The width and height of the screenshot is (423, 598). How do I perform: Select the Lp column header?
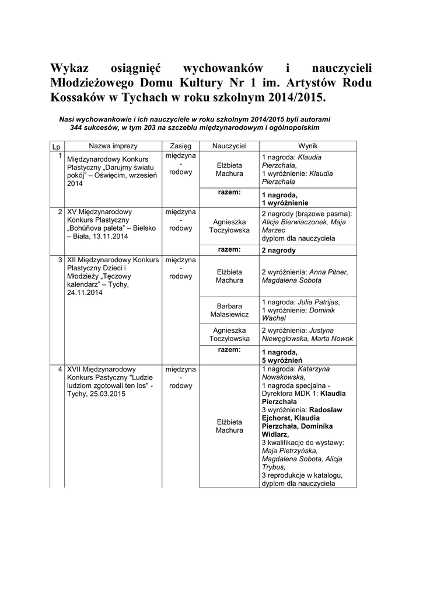pyautogui.click(x=57, y=145)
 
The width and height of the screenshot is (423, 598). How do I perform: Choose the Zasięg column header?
pyautogui.click(x=180, y=145)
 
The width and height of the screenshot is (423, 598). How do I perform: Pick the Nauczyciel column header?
pyautogui.click(x=229, y=145)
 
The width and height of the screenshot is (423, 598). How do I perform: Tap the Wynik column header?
pyautogui.click(x=307, y=145)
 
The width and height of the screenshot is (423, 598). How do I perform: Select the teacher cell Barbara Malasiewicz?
pyautogui.click(x=229, y=310)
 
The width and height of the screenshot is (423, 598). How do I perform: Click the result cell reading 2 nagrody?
pyautogui.click(x=279, y=251)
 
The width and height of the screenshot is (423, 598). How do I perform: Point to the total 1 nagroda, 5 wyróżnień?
pyautogui.click(x=280, y=356)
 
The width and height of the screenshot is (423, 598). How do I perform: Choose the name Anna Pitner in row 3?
pyautogui.click(x=328, y=272)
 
